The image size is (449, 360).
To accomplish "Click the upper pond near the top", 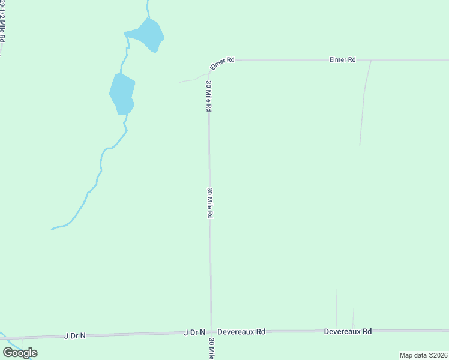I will pos(149,34).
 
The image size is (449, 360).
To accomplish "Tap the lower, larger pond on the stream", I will pos(122,94).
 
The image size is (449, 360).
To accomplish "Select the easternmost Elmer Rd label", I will pos(343,60).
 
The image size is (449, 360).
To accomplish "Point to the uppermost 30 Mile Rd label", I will pos(209,96).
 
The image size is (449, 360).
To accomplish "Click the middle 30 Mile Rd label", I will pos(210,203).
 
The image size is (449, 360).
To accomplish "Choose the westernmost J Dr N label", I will pos(75,336).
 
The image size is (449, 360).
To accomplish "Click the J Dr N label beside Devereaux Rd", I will pos(194,332).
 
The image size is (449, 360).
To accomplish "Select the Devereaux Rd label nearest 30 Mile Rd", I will pos(241,331).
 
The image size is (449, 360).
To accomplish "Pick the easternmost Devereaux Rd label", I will pos(348,331).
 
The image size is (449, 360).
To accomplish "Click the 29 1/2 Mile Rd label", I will pos(3,21).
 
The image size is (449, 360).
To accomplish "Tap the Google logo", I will pos(20,353).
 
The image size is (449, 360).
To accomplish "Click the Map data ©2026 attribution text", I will pos(423,355).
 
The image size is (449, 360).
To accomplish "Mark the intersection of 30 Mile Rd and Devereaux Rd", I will pos(211,331).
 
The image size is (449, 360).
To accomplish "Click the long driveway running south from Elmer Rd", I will pos(363,102).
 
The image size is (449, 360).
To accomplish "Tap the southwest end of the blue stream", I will pos(52,229).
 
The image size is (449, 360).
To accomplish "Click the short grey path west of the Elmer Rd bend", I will pos(192,79).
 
